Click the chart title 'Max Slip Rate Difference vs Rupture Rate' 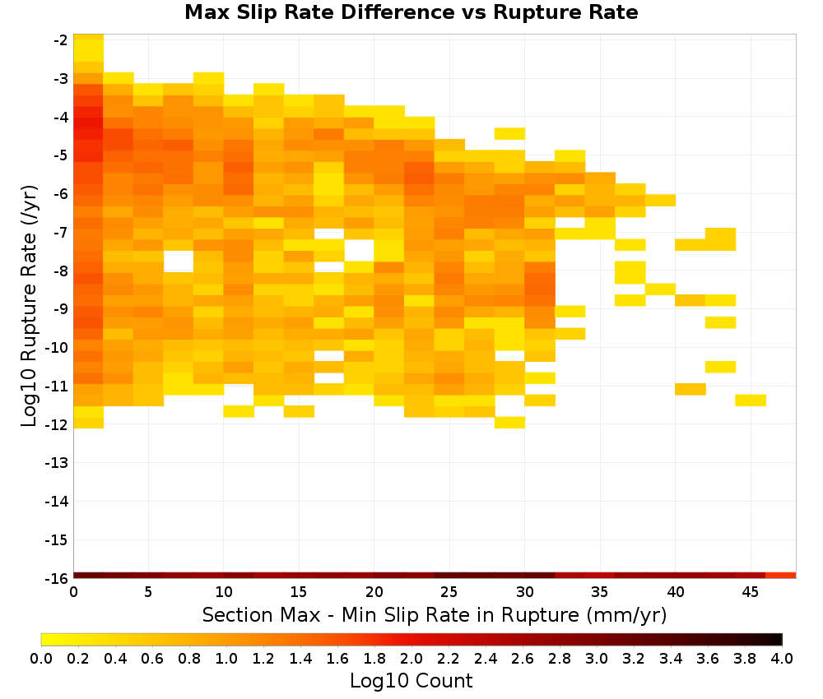click(x=411, y=12)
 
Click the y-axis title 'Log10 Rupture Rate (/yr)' click(x=29, y=306)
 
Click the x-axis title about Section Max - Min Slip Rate click(x=434, y=614)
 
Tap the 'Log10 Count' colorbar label click(x=411, y=681)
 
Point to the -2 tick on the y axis click(x=60, y=40)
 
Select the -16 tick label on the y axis click(x=57, y=578)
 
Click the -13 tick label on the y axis click(x=57, y=463)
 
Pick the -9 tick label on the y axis click(x=60, y=309)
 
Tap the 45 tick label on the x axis click(x=750, y=592)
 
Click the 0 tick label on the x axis click(x=73, y=592)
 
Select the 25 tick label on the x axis click(x=449, y=592)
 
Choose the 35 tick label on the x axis click(x=599, y=592)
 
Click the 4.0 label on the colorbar click(x=782, y=658)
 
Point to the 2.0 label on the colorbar click(x=411, y=658)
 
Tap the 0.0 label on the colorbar click(x=41, y=658)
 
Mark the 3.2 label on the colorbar click(x=634, y=658)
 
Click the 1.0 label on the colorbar click(x=226, y=658)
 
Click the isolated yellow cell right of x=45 click(x=751, y=400)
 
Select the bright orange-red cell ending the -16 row click(x=781, y=576)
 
